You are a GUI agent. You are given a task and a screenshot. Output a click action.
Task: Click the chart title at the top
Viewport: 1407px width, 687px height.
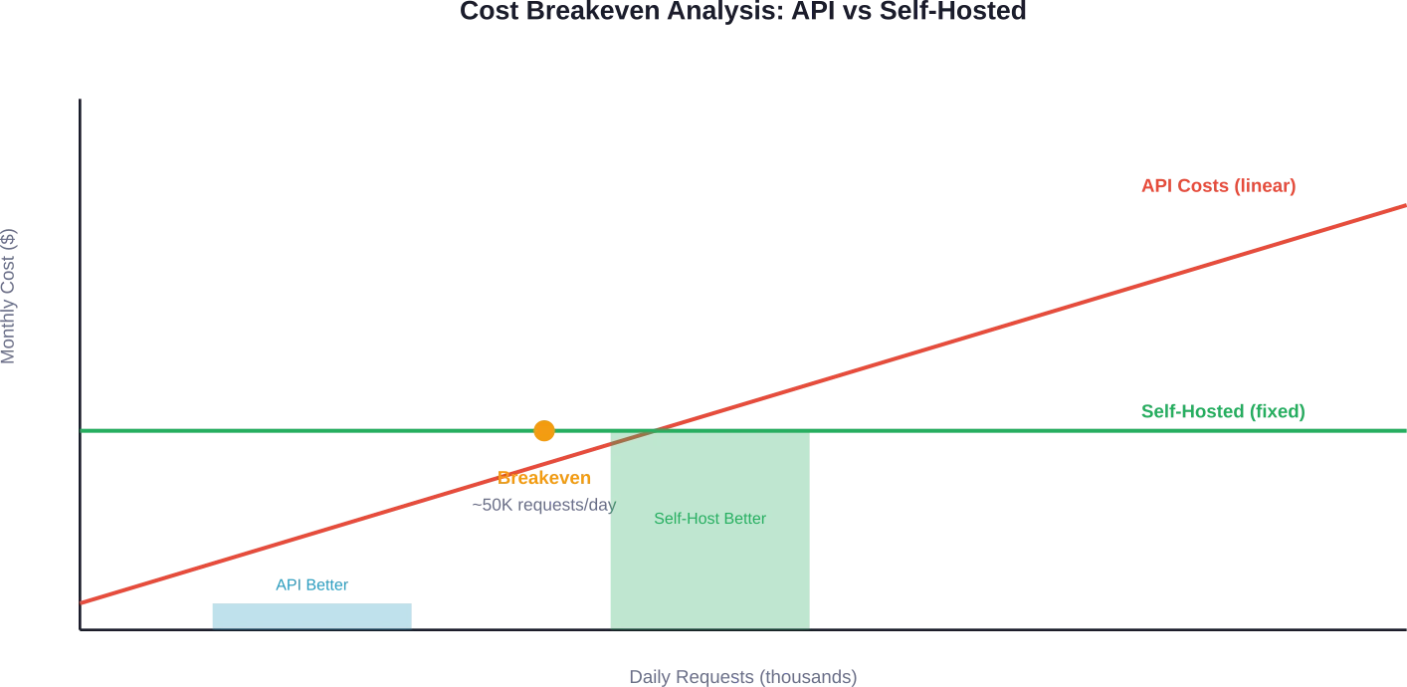[x=740, y=12]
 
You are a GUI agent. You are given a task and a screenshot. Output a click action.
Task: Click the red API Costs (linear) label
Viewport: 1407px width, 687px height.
[x=1218, y=186]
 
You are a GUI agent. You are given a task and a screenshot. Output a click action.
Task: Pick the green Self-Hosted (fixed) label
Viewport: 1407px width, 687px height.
[x=1221, y=411]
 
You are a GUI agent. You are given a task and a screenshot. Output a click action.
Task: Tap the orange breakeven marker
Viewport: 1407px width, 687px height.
[x=544, y=431]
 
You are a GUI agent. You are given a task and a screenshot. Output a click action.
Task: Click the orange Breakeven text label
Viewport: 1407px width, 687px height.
[x=544, y=478]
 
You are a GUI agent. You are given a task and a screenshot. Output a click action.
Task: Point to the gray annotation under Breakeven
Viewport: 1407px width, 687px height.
[x=544, y=506]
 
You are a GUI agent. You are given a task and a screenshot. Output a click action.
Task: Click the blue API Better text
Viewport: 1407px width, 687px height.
[x=311, y=586]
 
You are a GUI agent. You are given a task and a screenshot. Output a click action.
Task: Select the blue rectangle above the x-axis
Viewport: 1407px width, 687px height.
[x=311, y=614]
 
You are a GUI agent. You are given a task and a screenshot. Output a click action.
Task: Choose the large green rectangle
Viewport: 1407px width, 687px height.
[x=709, y=538]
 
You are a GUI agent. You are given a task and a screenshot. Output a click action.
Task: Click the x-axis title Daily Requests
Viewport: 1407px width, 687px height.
[x=742, y=677]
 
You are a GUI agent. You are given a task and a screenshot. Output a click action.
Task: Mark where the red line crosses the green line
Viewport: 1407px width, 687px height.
[x=652, y=431]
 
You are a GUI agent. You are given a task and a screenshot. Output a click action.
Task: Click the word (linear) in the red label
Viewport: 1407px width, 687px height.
[x=1264, y=186]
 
